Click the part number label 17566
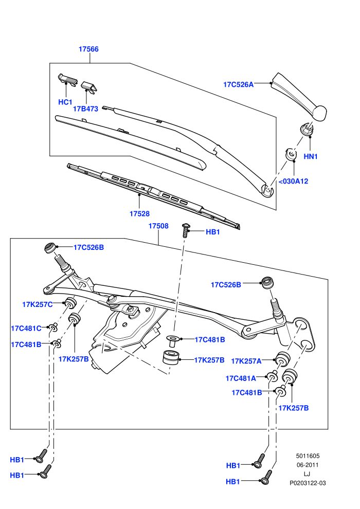point(88,49)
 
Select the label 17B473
point(85,109)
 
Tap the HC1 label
point(65,102)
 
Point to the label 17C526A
point(238,84)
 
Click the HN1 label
point(310,156)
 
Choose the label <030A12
point(294,181)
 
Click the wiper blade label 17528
point(139,213)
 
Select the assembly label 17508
point(158,226)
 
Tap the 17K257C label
point(38,304)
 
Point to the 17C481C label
point(26,328)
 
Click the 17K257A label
point(246,361)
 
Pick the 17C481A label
point(241,378)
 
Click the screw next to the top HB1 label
point(185,230)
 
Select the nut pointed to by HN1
point(307,129)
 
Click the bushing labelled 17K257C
point(70,303)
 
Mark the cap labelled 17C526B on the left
point(50,248)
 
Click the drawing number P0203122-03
point(308,483)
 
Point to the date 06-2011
point(308,465)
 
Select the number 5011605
point(308,456)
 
